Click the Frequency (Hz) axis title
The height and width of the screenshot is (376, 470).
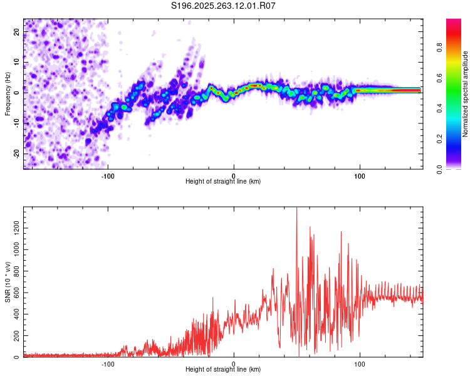pyautogui.click(x=7, y=94)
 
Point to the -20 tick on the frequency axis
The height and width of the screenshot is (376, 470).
pyautogui.click(x=16, y=154)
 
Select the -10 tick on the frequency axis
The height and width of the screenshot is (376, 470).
pyautogui.click(x=16, y=123)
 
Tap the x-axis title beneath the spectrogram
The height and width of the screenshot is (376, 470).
pyautogui.click(x=223, y=182)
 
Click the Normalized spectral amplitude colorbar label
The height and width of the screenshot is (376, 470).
pyautogui.click(x=466, y=94)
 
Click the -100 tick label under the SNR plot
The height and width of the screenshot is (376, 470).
pyautogui.click(x=108, y=363)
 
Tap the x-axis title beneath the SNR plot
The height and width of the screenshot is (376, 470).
pyautogui.click(x=223, y=370)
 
